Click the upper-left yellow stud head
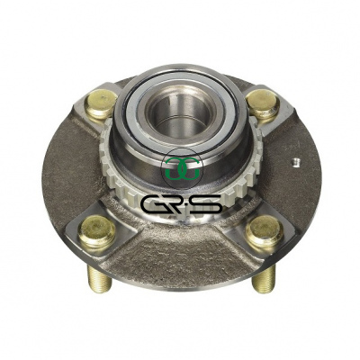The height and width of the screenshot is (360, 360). tap(101, 103)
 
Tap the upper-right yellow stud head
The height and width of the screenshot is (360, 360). tap(263, 103)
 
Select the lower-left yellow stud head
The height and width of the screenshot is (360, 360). tap(97, 231)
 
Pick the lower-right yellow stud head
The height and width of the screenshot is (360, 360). tap(265, 230)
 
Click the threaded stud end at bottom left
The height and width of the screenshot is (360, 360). tap(99, 279)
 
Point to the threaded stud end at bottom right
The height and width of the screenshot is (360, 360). tap(264, 279)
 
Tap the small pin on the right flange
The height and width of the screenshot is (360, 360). tap(296, 161)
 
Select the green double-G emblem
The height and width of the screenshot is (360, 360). tap(182, 168)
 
